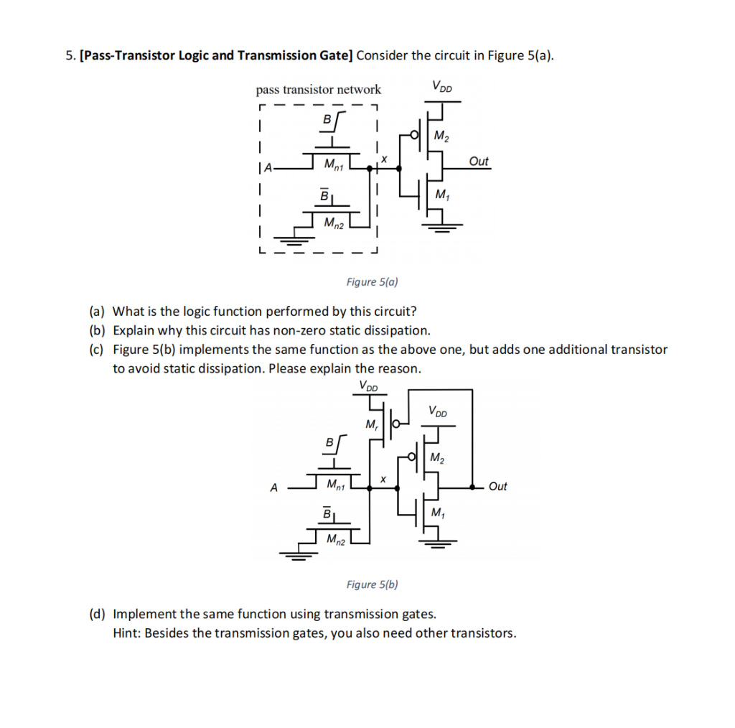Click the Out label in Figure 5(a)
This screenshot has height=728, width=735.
click(479, 162)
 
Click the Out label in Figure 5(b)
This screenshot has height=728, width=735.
click(497, 487)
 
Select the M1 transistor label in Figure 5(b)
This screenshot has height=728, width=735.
click(439, 513)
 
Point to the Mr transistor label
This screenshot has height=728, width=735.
click(371, 424)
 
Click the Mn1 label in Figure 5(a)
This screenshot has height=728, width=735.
click(333, 167)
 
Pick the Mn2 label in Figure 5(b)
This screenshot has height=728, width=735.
click(335, 538)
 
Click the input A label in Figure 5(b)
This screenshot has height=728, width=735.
click(273, 487)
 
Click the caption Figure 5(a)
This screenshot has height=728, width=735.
click(372, 282)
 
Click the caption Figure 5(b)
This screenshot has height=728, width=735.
click(372, 584)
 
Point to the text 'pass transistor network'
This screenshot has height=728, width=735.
click(319, 90)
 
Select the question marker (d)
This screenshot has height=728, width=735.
click(98, 614)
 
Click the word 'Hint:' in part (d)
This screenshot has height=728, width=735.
click(127, 633)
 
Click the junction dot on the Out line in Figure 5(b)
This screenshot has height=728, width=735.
click(472, 487)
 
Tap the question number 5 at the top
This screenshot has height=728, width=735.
click(69, 55)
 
